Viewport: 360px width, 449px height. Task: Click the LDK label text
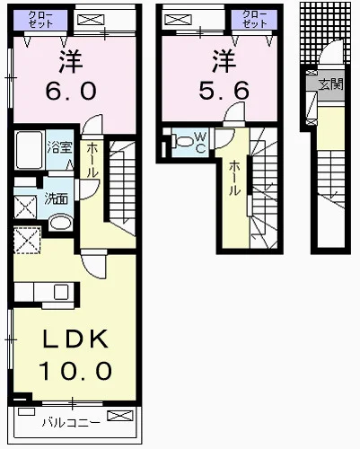pyautogui.click(x=75, y=339)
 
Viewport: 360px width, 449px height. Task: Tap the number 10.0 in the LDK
pyautogui.click(x=75, y=371)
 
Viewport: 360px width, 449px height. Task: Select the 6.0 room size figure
pyautogui.click(x=71, y=91)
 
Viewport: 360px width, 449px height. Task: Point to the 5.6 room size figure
pyautogui.click(x=224, y=91)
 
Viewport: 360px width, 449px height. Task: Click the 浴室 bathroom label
pyautogui.click(x=59, y=146)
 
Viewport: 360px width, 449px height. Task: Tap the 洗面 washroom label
pyautogui.click(x=57, y=198)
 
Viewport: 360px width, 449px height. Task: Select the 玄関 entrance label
pyautogui.click(x=330, y=84)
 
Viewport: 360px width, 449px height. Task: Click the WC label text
pyautogui.click(x=200, y=142)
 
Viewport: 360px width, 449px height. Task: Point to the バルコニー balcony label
pyautogui.click(x=71, y=423)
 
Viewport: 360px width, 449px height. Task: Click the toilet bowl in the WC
pyautogui.click(x=182, y=141)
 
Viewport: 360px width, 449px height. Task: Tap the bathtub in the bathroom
pyautogui.click(x=29, y=150)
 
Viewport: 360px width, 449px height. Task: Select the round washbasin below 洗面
pyautogui.click(x=60, y=222)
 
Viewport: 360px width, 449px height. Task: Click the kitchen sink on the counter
pyautogui.click(x=61, y=292)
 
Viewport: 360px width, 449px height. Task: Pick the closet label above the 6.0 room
pyautogui.click(x=40, y=19)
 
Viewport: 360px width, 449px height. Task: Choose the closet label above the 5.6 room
pyautogui.click(x=254, y=19)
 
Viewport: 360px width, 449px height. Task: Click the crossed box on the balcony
pyautogui.click(x=119, y=416)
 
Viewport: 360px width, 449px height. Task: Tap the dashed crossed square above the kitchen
pyautogui.click(x=27, y=240)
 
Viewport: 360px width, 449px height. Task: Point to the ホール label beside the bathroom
pyautogui.click(x=92, y=161)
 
